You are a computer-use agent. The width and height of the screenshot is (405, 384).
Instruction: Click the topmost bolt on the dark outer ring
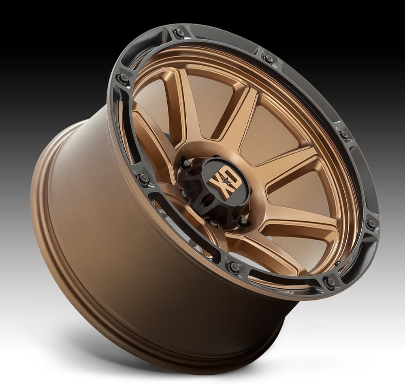(x=179, y=33)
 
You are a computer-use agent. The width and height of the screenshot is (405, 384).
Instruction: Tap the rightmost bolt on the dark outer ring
(x=371, y=223)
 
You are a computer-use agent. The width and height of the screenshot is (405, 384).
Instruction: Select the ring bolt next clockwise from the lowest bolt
(x=231, y=266)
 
